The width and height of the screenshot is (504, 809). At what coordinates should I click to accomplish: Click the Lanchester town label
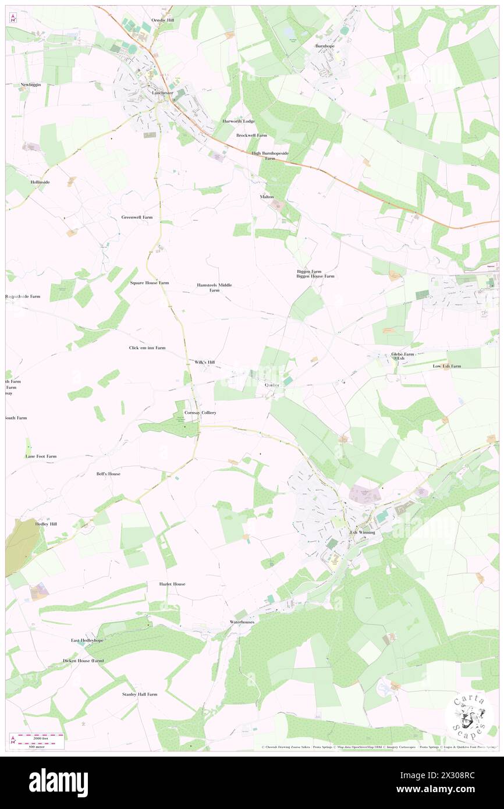click(162, 93)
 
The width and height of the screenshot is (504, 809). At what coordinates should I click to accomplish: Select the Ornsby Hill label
click(162, 20)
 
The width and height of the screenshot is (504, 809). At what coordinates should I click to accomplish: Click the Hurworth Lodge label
click(239, 121)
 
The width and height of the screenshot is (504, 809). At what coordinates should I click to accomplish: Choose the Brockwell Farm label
click(251, 135)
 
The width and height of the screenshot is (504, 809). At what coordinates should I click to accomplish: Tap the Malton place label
click(267, 197)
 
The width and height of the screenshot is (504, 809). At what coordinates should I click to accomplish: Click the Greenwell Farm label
click(137, 217)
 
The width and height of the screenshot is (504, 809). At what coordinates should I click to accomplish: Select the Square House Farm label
click(149, 282)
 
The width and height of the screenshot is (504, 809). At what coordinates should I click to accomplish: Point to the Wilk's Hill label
click(204, 362)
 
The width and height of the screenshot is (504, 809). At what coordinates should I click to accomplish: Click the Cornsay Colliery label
click(200, 412)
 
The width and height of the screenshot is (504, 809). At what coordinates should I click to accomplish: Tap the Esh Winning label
click(362, 532)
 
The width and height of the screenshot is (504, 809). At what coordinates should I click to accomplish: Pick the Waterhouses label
click(242, 622)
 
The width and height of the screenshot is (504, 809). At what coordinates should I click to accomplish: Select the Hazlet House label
click(172, 584)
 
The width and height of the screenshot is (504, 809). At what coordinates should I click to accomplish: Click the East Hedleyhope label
click(87, 640)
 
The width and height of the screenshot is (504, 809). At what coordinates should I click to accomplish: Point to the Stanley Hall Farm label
click(140, 694)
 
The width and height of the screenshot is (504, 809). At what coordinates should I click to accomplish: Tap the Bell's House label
click(108, 474)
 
